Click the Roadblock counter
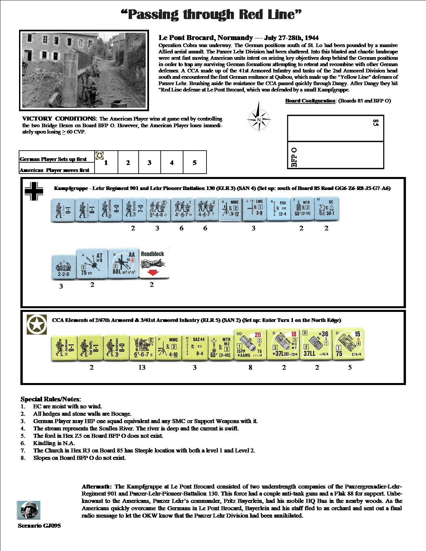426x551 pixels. point(154,263)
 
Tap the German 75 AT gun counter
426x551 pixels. point(92,264)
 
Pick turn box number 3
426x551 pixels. point(149,163)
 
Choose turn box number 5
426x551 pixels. point(194,163)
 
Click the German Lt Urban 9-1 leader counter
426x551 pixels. point(62,210)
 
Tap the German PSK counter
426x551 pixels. point(278,210)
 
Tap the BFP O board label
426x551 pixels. point(294,157)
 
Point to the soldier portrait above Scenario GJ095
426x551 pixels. point(29,510)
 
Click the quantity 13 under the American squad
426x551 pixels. point(142,367)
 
